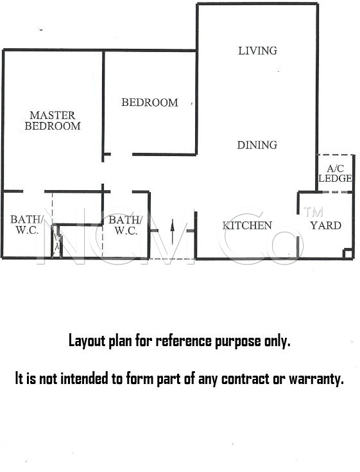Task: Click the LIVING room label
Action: (x=257, y=51)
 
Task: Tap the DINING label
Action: (x=257, y=145)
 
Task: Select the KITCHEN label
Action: (x=247, y=225)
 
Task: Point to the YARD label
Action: (x=326, y=225)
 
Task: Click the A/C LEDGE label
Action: (x=335, y=173)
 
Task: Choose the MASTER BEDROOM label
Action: (x=53, y=121)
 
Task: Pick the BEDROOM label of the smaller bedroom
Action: (x=150, y=103)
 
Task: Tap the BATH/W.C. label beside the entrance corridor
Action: (x=125, y=225)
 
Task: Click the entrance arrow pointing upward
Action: (x=173, y=232)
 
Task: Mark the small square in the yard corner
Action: (x=348, y=254)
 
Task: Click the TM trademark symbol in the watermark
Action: (x=313, y=212)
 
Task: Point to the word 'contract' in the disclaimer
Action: (x=245, y=379)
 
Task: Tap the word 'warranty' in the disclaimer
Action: (x=316, y=380)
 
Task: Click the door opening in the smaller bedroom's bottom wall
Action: (x=121, y=154)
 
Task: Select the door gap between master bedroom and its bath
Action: (x=33, y=191)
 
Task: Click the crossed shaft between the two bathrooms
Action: (x=57, y=241)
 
